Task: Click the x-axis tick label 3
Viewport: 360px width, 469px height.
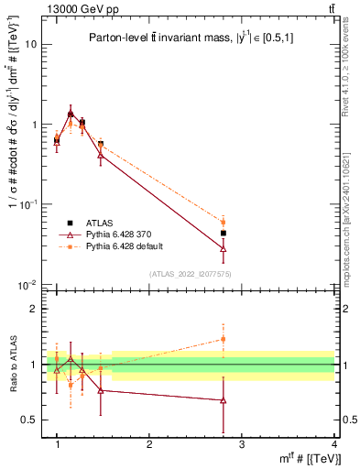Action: (241, 444)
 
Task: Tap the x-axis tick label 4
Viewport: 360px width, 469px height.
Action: (333, 444)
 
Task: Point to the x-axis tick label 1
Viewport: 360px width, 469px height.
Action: (57, 444)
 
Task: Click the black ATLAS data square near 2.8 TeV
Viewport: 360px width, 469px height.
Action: (223, 233)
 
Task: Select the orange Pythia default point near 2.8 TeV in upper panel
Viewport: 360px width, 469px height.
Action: (223, 222)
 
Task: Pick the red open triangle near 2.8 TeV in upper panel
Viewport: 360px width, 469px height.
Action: (223, 248)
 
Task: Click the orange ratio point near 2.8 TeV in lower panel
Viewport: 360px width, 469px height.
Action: (223, 339)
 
